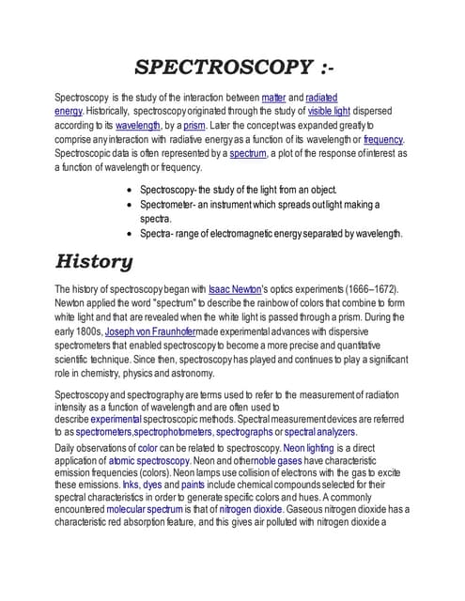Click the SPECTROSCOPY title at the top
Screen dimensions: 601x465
pyautogui.click(x=232, y=68)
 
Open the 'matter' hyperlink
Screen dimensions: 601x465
pyautogui.click(x=274, y=98)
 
